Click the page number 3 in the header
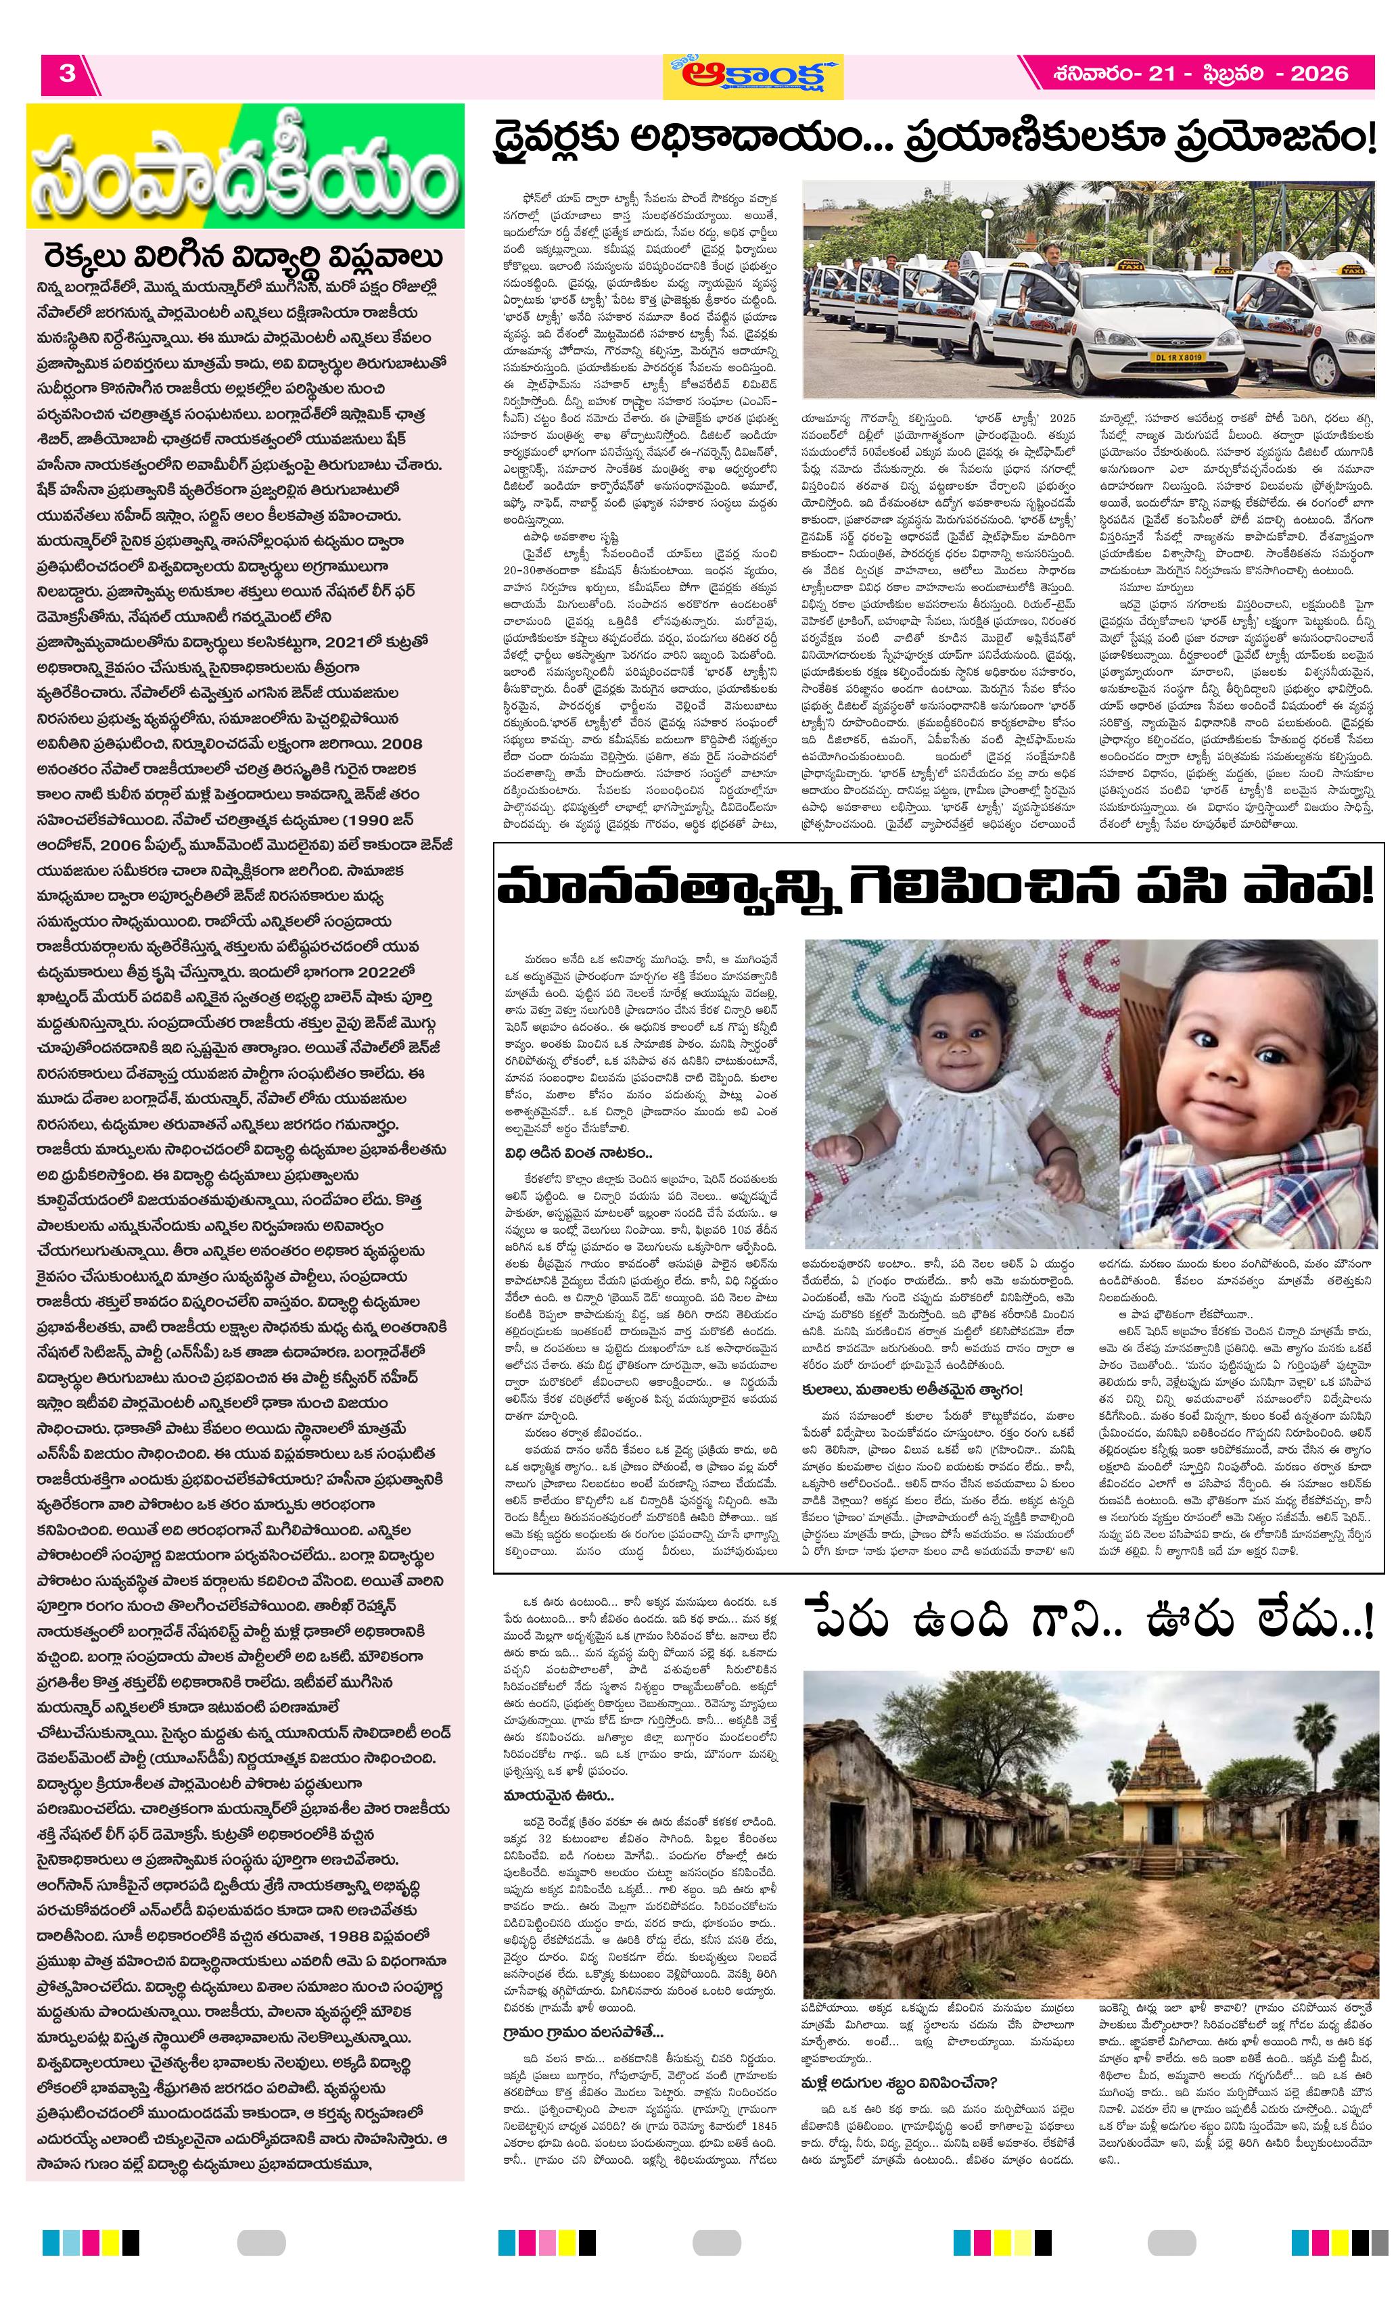click(67, 74)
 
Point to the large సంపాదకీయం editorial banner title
click(244, 177)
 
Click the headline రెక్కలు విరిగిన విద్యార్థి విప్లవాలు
click(243, 256)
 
